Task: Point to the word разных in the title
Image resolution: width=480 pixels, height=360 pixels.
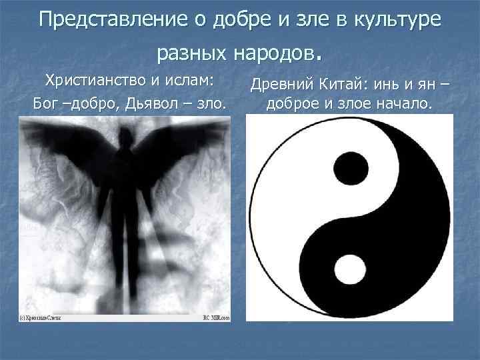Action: pos(193,51)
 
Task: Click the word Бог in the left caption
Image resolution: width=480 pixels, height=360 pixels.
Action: pos(46,104)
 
